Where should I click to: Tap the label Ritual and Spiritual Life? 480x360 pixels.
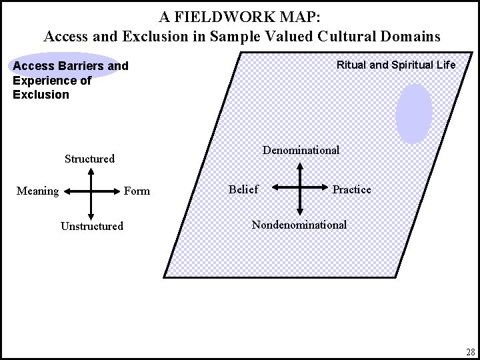pyautogui.click(x=396, y=65)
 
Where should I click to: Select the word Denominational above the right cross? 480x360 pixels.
pyautogui.click(x=301, y=150)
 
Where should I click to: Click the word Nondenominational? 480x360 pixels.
pyautogui.click(x=299, y=225)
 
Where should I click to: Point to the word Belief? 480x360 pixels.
pyautogui.click(x=243, y=189)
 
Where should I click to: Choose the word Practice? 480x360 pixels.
pyautogui.click(x=351, y=189)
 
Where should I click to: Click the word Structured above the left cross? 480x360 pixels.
pyautogui.click(x=89, y=159)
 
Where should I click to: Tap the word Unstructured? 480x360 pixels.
pyautogui.click(x=92, y=226)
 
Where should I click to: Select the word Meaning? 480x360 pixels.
pyautogui.click(x=37, y=191)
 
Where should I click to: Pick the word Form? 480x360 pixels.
pyautogui.click(x=137, y=191)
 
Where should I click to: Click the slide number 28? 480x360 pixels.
pyautogui.click(x=470, y=351)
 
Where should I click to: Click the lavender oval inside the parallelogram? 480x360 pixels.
pyautogui.click(x=414, y=113)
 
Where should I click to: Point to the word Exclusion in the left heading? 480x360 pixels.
pyautogui.click(x=41, y=95)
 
